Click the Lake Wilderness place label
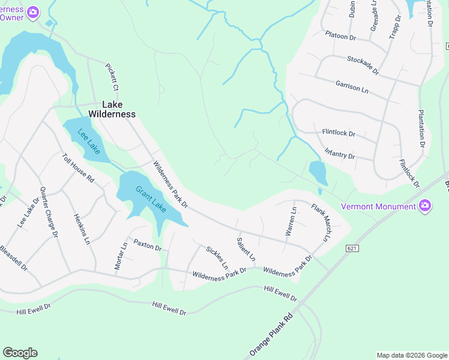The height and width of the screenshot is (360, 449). [112, 109]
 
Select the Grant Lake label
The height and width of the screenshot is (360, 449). [150, 199]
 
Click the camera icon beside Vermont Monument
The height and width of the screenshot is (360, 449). [426, 206]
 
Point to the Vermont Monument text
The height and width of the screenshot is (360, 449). [378, 207]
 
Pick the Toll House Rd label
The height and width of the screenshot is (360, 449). [79, 168]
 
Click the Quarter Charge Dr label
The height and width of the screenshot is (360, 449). [49, 212]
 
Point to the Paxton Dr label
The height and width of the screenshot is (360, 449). [148, 245]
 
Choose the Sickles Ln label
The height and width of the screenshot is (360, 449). [217, 257]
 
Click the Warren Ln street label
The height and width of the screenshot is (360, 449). [291, 221]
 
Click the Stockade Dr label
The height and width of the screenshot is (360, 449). [363, 65]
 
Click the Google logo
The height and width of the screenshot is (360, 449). [20, 353]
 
